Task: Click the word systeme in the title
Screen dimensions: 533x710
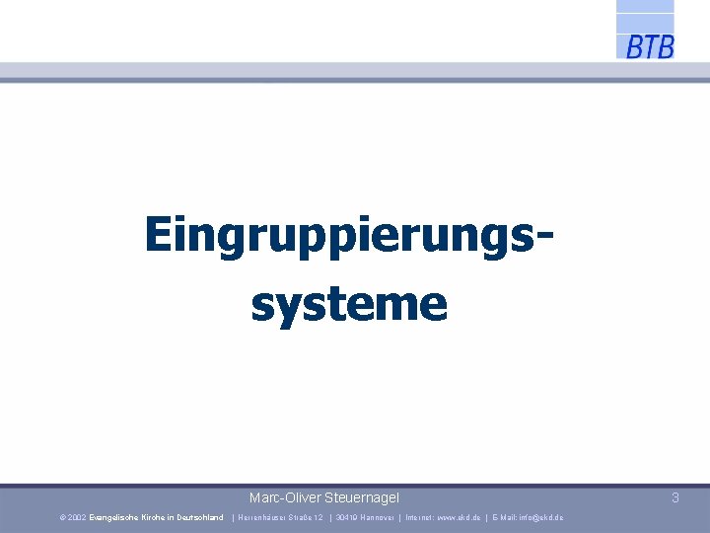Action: point(349,303)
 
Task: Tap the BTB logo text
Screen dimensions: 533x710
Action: point(650,46)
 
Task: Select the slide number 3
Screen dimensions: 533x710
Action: point(675,498)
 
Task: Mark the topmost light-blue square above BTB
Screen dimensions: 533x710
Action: point(645,5)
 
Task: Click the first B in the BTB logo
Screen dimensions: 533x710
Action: point(634,46)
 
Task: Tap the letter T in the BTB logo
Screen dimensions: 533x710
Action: point(650,46)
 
